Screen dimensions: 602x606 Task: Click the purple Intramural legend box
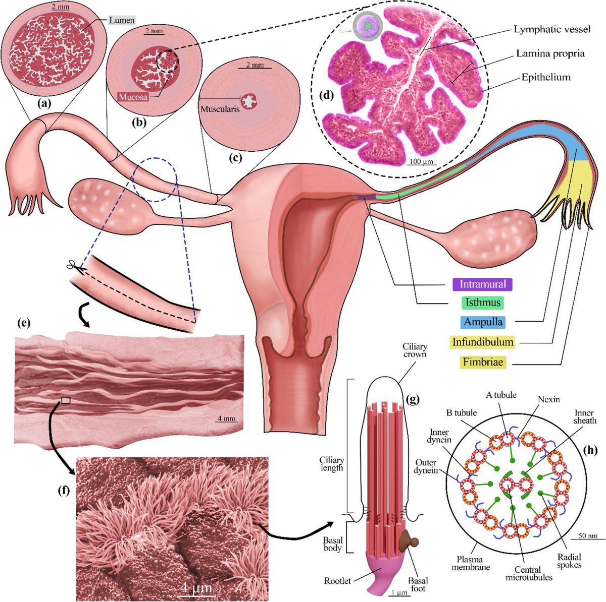(482, 284)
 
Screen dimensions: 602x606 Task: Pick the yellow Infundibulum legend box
(483, 342)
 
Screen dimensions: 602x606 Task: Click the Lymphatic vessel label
(552, 29)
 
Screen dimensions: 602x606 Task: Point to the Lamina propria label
(550, 53)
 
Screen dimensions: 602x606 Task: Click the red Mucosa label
(133, 96)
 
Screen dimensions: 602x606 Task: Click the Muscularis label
(220, 108)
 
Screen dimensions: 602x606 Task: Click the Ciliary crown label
(415, 350)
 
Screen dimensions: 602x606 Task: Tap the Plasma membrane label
(470, 563)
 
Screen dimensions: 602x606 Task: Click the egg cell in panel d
(368, 24)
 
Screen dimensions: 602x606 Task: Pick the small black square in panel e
(65, 400)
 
